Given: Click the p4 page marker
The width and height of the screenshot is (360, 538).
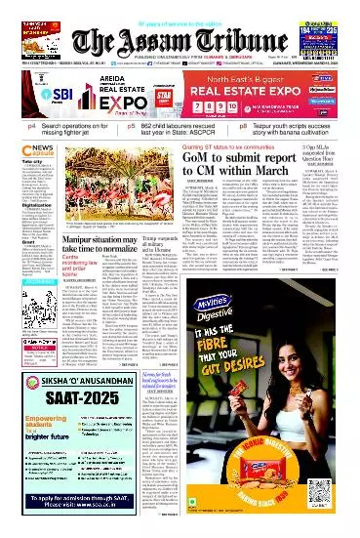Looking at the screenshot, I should [32, 127].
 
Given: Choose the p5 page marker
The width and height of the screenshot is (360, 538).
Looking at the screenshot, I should [132, 127].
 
